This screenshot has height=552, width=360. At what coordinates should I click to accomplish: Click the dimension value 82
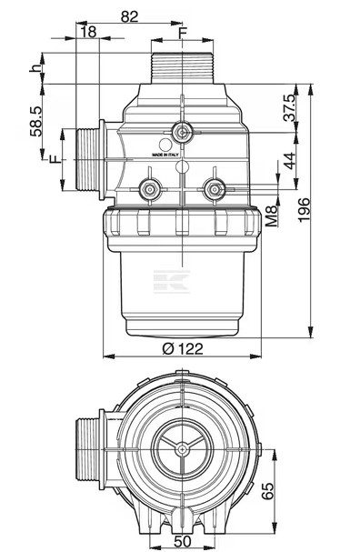pyautogui.click(x=129, y=16)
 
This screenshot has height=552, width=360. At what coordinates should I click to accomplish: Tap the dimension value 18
pyautogui.click(x=88, y=32)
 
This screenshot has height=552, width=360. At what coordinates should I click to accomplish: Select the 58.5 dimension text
pyautogui.click(x=36, y=121)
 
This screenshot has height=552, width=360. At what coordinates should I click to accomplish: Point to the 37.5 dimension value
pyautogui.click(x=290, y=107)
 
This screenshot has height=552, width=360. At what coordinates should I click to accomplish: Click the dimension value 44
pyautogui.click(x=290, y=161)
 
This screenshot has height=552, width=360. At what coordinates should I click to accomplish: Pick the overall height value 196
pyautogui.click(x=304, y=210)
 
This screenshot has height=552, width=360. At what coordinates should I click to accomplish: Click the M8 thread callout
pyautogui.click(x=271, y=216)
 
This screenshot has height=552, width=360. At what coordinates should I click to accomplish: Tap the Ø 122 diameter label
pyautogui.click(x=183, y=349)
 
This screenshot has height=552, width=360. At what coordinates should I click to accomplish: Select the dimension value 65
pyautogui.click(x=267, y=491)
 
